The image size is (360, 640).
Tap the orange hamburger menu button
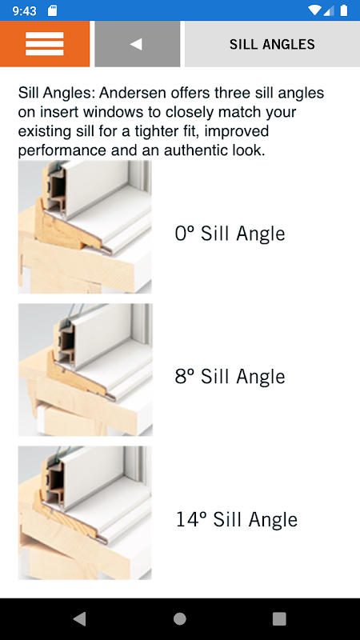[x=45, y=44]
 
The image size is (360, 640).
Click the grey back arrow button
[x=137, y=44]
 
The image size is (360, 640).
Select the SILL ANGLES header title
[x=272, y=44]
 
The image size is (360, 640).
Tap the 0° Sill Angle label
[x=230, y=234]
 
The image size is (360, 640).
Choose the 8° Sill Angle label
[x=230, y=376]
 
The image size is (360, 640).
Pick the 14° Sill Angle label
[x=236, y=519]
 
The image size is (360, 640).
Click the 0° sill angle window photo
[x=85, y=227]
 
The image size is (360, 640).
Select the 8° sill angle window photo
[x=86, y=370]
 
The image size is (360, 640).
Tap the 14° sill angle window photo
[x=85, y=513]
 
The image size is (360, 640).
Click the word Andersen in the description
[x=133, y=93]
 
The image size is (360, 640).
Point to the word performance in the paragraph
[x=63, y=151]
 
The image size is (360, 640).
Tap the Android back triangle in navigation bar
[x=79, y=618]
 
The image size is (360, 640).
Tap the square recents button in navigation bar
[x=279, y=618]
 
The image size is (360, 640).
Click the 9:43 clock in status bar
[x=25, y=11]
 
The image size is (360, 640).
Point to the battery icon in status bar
[x=344, y=10]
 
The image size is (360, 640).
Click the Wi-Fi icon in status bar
[x=314, y=10]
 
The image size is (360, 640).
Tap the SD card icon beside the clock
[x=52, y=11]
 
